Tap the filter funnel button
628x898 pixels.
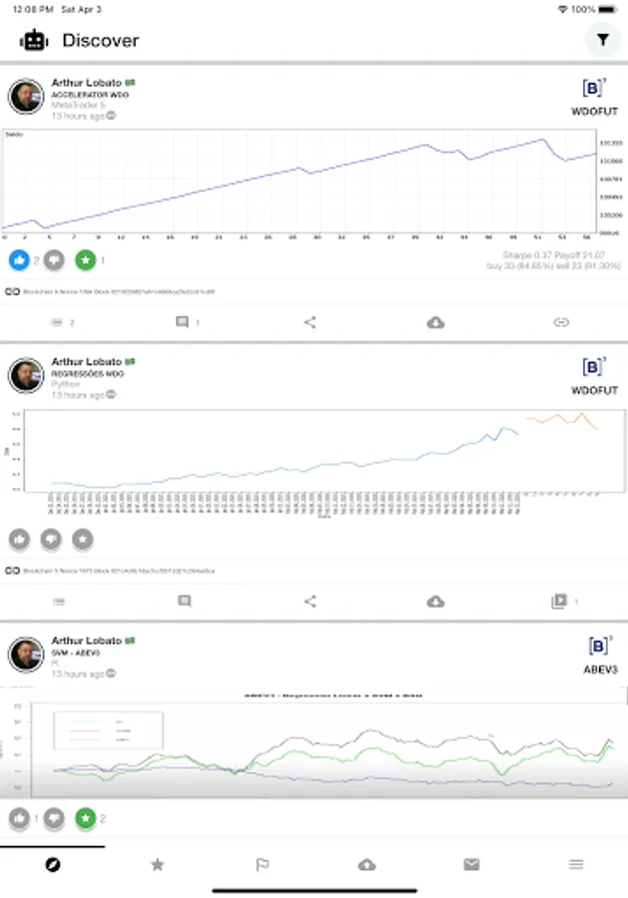(602, 40)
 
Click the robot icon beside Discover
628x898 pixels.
(34, 40)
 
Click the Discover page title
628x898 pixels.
(100, 41)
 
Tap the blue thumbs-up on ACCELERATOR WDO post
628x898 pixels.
(20, 260)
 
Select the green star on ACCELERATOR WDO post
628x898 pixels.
(85, 260)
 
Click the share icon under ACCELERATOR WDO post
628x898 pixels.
(310, 322)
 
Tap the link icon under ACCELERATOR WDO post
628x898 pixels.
(560, 322)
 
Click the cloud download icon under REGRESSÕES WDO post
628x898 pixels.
(435, 602)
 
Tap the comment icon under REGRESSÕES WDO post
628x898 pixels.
(184, 602)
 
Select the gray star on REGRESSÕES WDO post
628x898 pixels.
(83, 539)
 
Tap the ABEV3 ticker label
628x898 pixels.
(600, 670)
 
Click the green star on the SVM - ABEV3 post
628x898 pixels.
(85, 818)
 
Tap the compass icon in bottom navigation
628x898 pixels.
(53, 864)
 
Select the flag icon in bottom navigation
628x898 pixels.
(263, 864)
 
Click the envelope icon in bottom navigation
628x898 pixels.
(471, 864)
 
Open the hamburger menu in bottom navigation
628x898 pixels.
(576, 864)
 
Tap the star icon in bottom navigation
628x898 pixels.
(158, 864)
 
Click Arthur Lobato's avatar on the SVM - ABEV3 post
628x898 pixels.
(26, 655)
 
